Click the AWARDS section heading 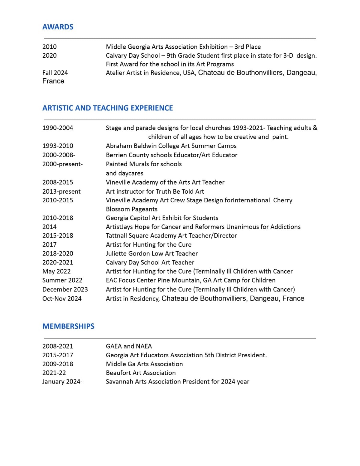click(x=58, y=27)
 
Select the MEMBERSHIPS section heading click(x=68, y=326)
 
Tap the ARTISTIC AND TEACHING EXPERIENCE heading click(x=108, y=108)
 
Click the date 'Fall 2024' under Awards click(x=55, y=73)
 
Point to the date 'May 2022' click(x=56, y=271)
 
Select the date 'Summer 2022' click(x=62, y=280)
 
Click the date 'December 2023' click(x=65, y=289)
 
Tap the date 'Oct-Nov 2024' click(x=62, y=299)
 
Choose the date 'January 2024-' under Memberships click(x=62, y=382)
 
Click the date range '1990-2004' click(x=58, y=128)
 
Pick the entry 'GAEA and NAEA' click(x=129, y=346)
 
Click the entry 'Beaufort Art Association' click(x=141, y=373)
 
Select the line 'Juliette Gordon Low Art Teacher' click(x=152, y=254)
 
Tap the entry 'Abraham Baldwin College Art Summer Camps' click(x=171, y=146)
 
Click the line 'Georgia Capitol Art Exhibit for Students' click(x=162, y=218)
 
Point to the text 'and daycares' click(x=124, y=173)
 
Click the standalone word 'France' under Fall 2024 click(x=53, y=81)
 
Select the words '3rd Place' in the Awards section click(x=247, y=47)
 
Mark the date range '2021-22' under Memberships click(x=54, y=373)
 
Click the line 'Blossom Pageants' click(x=132, y=209)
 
